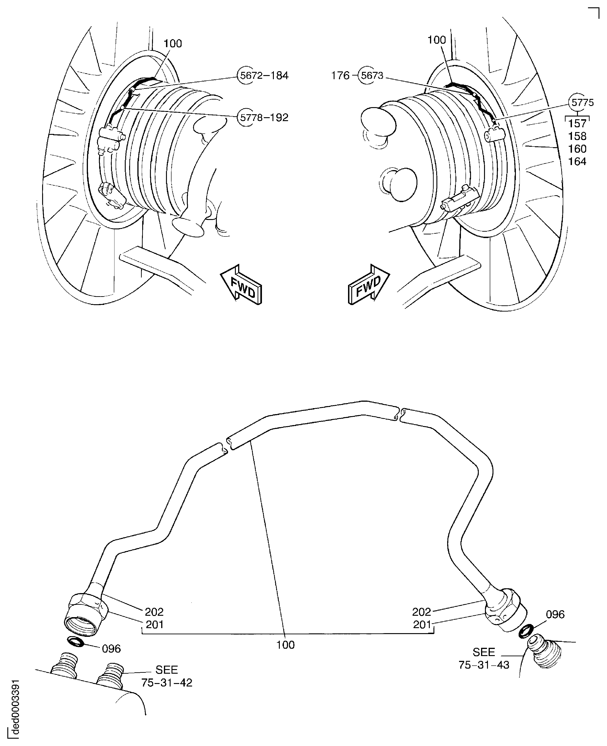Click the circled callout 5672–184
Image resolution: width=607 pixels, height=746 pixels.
(x=263, y=76)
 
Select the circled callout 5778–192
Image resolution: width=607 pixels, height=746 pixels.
(x=263, y=117)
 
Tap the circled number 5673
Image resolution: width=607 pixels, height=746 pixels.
(x=372, y=76)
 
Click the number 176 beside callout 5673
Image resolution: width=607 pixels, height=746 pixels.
(x=340, y=76)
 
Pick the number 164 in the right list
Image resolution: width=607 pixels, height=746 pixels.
(x=577, y=162)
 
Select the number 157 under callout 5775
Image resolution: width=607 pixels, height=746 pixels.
(x=577, y=123)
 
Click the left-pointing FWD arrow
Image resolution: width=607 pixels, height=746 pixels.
(x=242, y=285)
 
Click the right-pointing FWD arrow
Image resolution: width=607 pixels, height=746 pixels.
(x=369, y=285)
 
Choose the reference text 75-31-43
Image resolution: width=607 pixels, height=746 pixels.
(x=484, y=665)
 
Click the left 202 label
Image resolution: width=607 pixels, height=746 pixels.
(x=154, y=612)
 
